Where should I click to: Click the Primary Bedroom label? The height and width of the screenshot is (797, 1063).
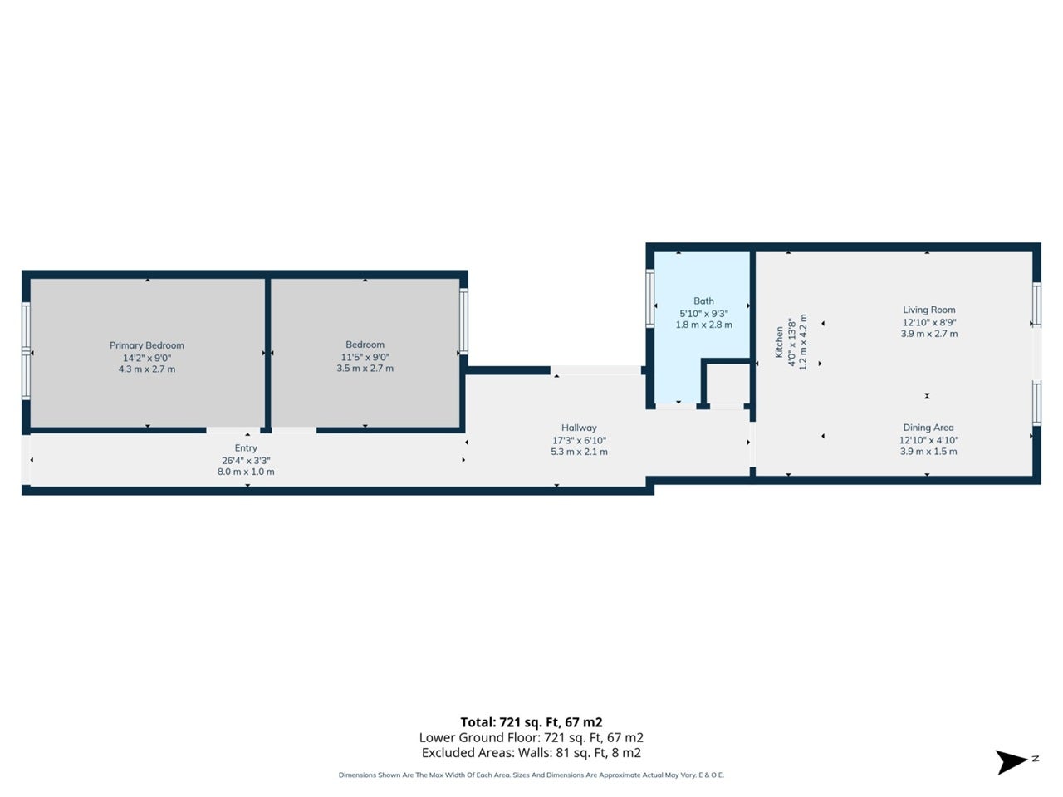click(x=147, y=345)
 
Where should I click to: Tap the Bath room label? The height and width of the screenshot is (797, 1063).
click(x=703, y=301)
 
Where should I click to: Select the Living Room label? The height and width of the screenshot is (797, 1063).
click(x=928, y=310)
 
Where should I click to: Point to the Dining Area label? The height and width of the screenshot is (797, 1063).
click(x=928, y=428)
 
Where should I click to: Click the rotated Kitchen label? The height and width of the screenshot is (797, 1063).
click(x=779, y=342)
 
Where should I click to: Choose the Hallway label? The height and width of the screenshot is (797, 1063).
click(x=579, y=428)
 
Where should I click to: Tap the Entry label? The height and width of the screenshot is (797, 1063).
click(x=246, y=448)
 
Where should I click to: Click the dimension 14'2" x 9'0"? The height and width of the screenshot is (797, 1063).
click(x=147, y=358)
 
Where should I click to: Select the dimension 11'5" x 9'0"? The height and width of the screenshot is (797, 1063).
click(x=365, y=358)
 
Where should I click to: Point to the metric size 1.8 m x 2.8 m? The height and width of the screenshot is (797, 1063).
click(x=704, y=325)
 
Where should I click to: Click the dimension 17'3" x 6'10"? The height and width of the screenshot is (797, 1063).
click(x=579, y=440)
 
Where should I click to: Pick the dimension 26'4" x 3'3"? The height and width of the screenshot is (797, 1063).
click(x=246, y=461)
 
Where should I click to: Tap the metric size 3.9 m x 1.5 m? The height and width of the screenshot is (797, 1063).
click(x=928, y=452)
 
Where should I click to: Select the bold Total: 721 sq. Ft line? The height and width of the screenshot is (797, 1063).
click(x=531, y=722)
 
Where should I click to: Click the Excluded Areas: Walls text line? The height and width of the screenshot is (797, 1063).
click(x=531, y=752)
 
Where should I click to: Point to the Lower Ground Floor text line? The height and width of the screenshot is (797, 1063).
click(x=531, y=737)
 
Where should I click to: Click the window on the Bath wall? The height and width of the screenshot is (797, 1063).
click(x=650, y=298)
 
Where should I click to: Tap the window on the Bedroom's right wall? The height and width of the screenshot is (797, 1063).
click(x=463, y=320)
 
